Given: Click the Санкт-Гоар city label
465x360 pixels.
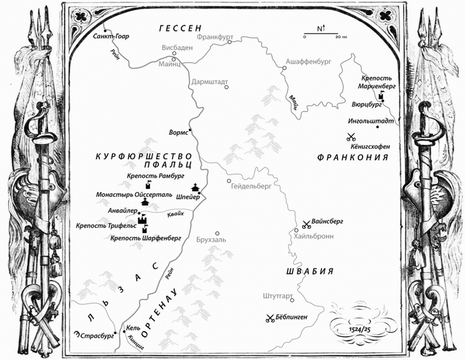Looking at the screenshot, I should pyautogui.click(x=111, y=36).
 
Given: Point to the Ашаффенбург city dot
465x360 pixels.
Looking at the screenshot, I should pyautogui.click(x=284, y=68).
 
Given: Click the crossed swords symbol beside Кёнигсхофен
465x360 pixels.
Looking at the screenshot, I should pyautogui.click(x=351, y=137).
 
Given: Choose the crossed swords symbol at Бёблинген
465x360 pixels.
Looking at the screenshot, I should pyautogui.click(x=270, y=318).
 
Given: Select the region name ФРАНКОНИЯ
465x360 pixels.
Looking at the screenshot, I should pyautogui.click(x=353, y=157).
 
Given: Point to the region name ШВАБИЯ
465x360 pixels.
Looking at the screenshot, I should pyautogui.click(x=310, y=271).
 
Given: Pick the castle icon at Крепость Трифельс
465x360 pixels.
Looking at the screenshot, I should pyautogui.click(x=142, y=220).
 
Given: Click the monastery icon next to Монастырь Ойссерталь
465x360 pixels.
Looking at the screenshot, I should pyautogui.click(x=145, y=201).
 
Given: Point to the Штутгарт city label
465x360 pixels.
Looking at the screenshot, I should pyautogui.click(x=273, y=297).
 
